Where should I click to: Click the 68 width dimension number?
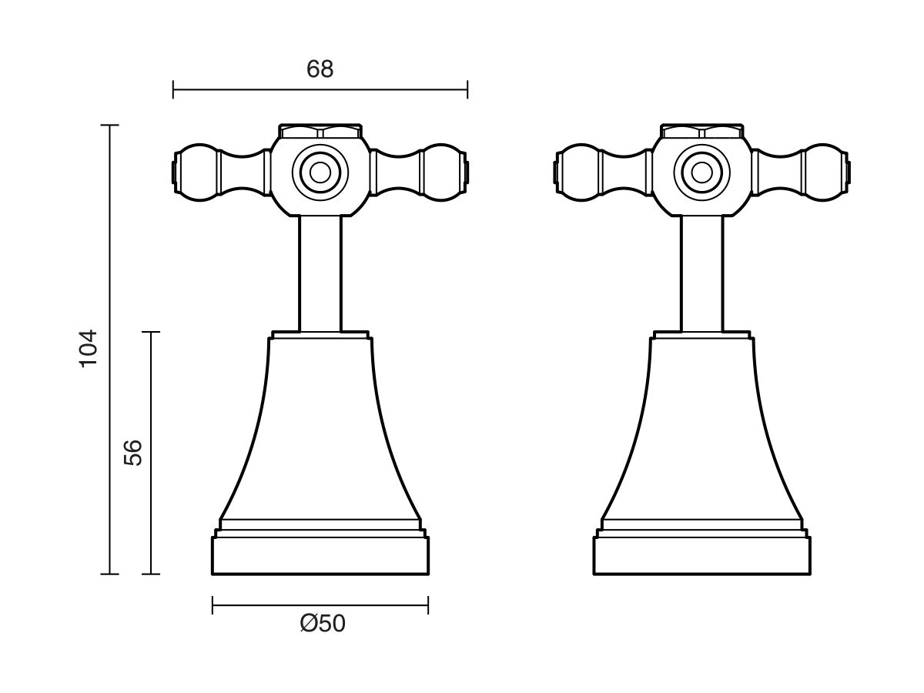(320, 69)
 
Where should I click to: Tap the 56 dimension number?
(133, 453)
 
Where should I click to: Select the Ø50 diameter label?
(323, 624)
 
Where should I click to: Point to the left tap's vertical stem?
(320, 273)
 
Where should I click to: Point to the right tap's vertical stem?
(701, 273)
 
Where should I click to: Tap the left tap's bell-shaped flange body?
(320, 431)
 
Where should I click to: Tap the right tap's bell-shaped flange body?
(701, 431)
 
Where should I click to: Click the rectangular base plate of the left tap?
(320, 555)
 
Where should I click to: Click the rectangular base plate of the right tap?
(701, 555)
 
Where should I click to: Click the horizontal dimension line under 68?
(320, 90)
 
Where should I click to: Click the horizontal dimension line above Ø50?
(320, 606)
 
